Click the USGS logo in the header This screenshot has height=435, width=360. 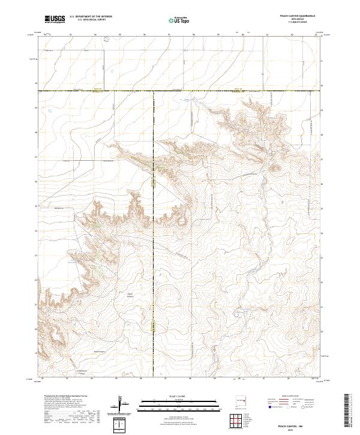coord(55,20)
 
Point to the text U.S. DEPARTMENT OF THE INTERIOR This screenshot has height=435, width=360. coord(91,17)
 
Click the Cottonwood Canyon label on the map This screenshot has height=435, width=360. coord(86,370)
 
